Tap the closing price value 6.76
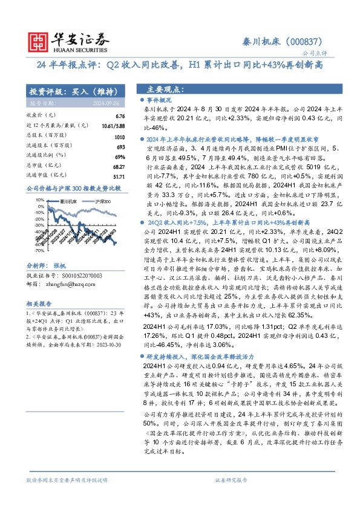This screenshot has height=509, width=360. (119, 115)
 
